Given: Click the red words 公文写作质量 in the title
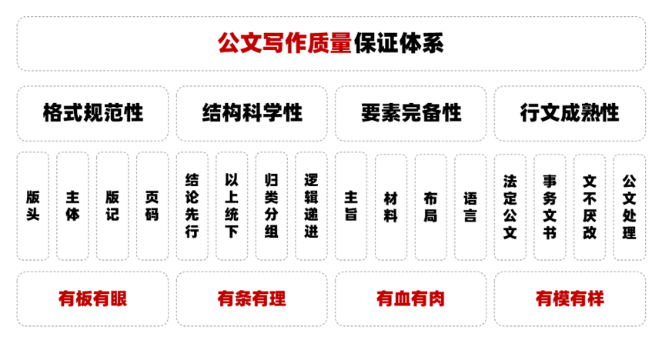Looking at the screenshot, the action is click(x=285, y=43).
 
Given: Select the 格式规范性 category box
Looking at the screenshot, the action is click(x=92, y=113).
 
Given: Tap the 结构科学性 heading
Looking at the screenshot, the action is click(x=252, y=113).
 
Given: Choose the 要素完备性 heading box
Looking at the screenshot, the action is click(x=410, y=113).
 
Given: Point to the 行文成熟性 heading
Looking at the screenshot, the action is click(x=570, y=113).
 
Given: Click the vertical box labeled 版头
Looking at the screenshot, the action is click(x=33, y=206).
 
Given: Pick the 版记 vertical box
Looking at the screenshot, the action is click(x=112, y=206).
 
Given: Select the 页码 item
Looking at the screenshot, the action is click(x=152, y=206).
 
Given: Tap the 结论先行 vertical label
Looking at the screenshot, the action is click(x=192, y=206).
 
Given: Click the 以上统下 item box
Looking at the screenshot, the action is click(x=232, y=206).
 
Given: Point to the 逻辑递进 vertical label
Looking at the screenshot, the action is click(x=311, y=206).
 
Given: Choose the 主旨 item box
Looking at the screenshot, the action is click(x=351, y=206).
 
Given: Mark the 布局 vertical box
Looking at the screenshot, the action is click(x=431, y=207).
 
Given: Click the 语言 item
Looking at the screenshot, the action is click(x=470, y=207).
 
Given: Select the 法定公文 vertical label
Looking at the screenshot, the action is click(x=510, y=207).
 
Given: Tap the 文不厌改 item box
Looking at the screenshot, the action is click(x=590, y=207).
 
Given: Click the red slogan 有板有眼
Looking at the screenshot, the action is click(x=92, y=298).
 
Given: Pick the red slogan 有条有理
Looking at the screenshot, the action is click(x=252, y=298).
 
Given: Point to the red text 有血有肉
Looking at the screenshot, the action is click(x=410, y=298).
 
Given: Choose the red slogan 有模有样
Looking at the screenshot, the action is click(x=570, y=298).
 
